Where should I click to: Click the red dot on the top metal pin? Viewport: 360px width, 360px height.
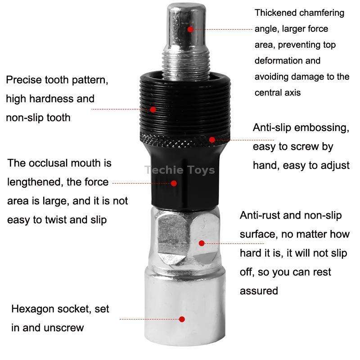point(190,29)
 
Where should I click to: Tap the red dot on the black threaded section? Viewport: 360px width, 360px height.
point(153,109)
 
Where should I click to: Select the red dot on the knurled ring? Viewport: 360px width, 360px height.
point(212,139)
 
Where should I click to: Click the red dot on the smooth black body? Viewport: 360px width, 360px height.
point(174,183)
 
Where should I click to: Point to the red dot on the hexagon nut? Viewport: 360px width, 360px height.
point(202,243)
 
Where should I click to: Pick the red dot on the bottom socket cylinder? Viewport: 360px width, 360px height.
point(182,319)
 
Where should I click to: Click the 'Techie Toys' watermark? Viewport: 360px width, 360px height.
point(180,170)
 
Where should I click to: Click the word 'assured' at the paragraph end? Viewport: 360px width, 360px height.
point(259,291)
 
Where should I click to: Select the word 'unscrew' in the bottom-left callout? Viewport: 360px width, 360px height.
point(64,328)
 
